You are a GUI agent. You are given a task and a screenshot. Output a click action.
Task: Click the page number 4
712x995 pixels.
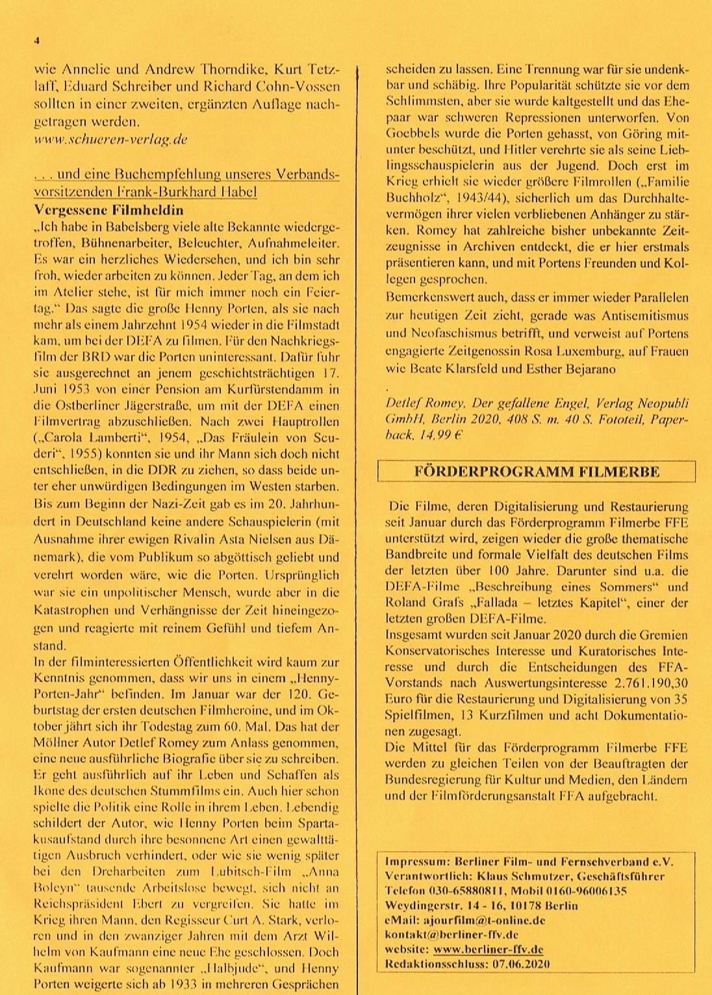(x=37, y=40)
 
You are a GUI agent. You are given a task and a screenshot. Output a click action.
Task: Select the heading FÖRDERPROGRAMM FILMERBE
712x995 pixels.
(x=537, y=472)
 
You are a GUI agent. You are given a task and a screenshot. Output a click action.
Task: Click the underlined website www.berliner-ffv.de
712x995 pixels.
(x=488, y=949)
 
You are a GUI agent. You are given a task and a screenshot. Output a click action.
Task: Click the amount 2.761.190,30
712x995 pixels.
(x=646, y=683)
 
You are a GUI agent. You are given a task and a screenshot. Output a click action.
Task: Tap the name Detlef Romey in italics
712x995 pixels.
(x=425, y=403)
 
